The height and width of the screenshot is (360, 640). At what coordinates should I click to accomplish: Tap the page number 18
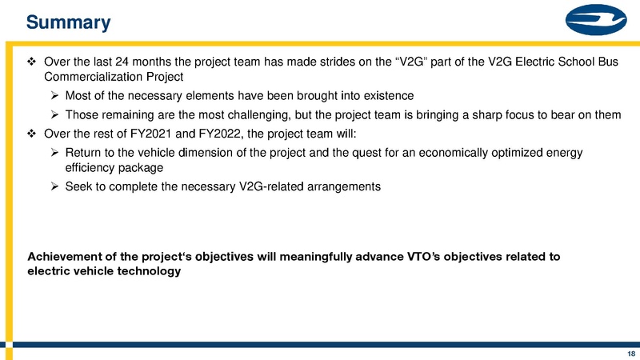(x=630, y=353)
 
